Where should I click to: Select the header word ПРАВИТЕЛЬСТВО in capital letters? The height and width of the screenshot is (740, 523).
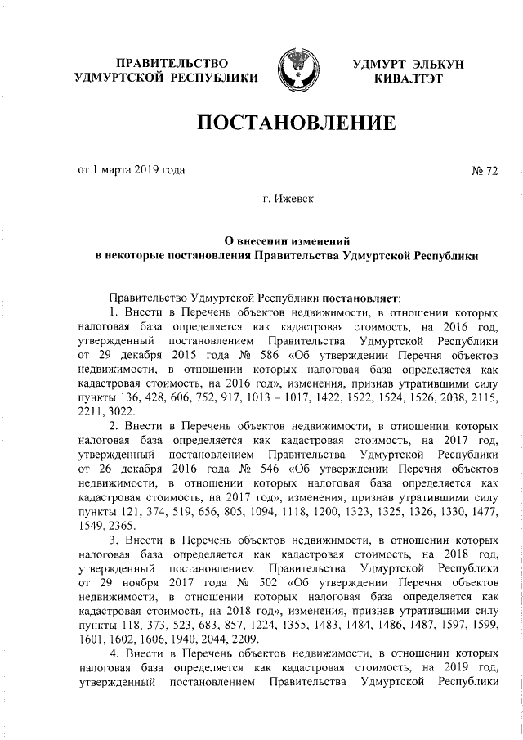[171, 63]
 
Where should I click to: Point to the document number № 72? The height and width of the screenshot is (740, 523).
[485, 171]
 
